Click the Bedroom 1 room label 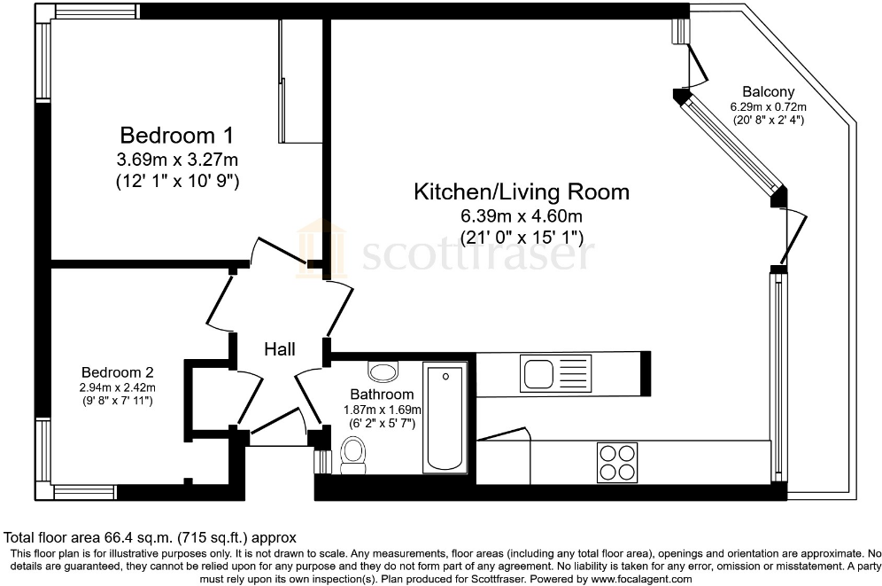click(176, 136)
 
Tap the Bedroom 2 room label click(118, 372)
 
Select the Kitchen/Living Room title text click(522, 191)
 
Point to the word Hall click(279, 349)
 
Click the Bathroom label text click(381, 395)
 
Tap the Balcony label click(767, 91)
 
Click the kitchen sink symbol click(555, 372)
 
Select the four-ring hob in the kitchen click(617, 461)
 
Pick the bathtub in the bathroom click(445, 417)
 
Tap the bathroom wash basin click(383, 372)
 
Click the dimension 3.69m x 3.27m click(177, 160)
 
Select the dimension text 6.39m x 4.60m click(522, 216)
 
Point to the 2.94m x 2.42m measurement click(118, 387)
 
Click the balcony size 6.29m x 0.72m click(767, 106)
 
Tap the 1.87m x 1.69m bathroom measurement click(382, 410)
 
